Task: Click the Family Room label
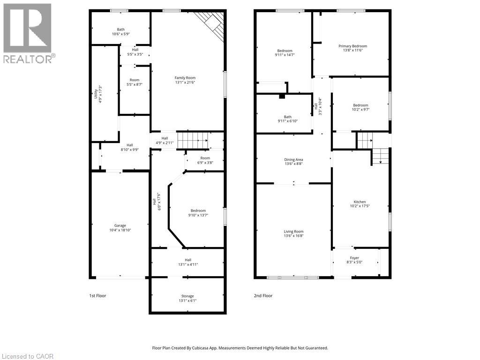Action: tap(185, 78)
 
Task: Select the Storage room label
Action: tap(187, 296)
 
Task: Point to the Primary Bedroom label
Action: tap(352, 46)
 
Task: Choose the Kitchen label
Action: tap(360, 202)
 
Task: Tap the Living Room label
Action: tap(293, 231)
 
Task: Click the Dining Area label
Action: tap(293, 159)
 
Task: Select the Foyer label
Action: tap(354, 258)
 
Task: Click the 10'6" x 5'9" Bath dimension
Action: tap(121, 34)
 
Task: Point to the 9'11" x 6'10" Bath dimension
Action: tap(287, 121)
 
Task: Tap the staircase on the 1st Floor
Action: tap(194, 139)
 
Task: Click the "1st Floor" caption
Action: tap(97, 296)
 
